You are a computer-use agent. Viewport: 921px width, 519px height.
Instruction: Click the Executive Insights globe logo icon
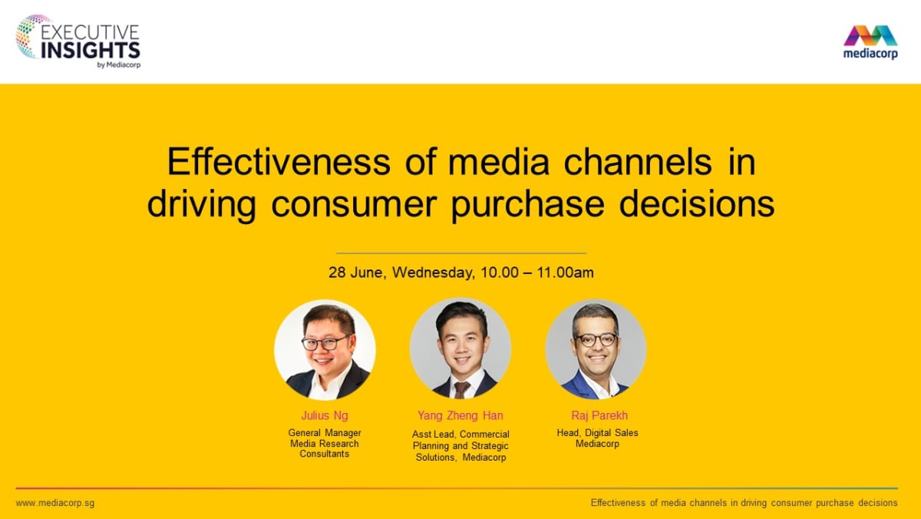[x=33, y=37]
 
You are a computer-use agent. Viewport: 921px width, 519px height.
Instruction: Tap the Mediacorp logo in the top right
[x=870, y=41]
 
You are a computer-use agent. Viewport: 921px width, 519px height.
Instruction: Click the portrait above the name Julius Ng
[x=325, y=349]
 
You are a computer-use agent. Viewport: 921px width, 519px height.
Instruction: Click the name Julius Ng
[x=325, y=416]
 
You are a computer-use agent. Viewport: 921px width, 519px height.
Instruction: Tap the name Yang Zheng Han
[x=460, y=416]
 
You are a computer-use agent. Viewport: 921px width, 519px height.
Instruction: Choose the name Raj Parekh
[x=596, y=416]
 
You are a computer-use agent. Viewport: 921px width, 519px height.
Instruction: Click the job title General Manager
[x=325, y=433]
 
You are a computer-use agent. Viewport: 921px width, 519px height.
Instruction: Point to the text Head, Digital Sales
[x=597, y=433]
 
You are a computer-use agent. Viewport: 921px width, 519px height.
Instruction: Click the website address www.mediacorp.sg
[x=54, y=503]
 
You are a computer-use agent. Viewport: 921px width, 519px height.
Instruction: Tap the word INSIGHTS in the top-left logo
[x=90, y=50]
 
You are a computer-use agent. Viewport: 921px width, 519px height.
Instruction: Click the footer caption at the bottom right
[x=744, y=503]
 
